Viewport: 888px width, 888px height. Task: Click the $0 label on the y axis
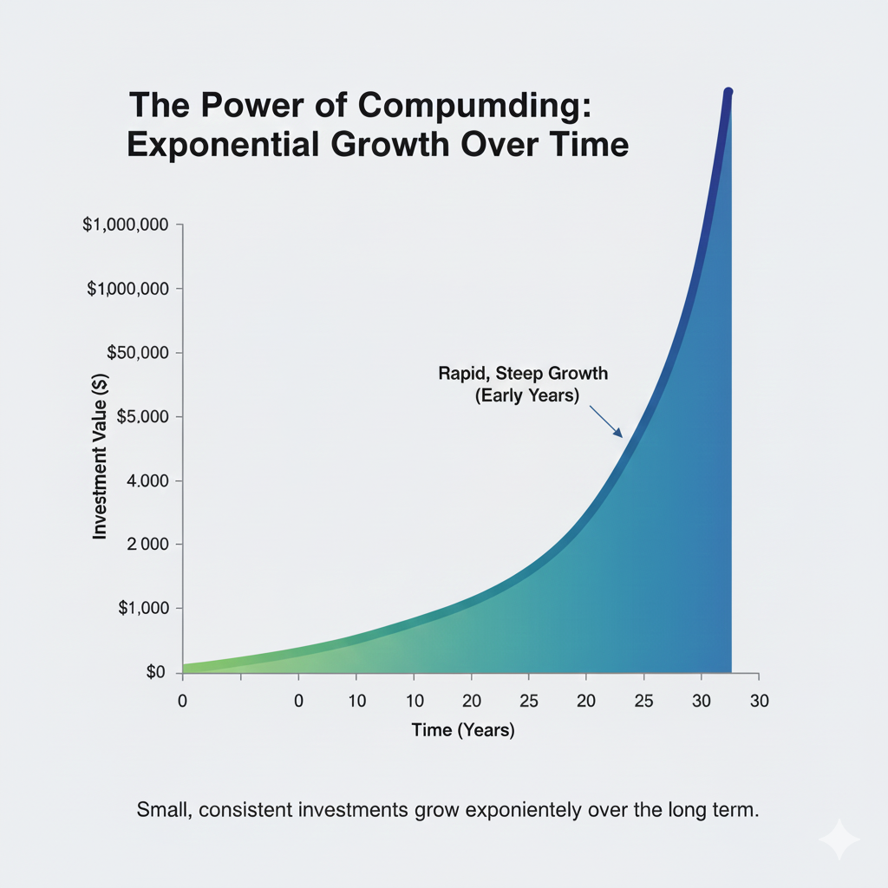click(x=155, y=672)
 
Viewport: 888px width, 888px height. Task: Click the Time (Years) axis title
click(x=463, y=730)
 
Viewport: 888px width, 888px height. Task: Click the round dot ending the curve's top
click(x=728, y=92)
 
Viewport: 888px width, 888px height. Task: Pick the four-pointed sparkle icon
click(x=839, y=839)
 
